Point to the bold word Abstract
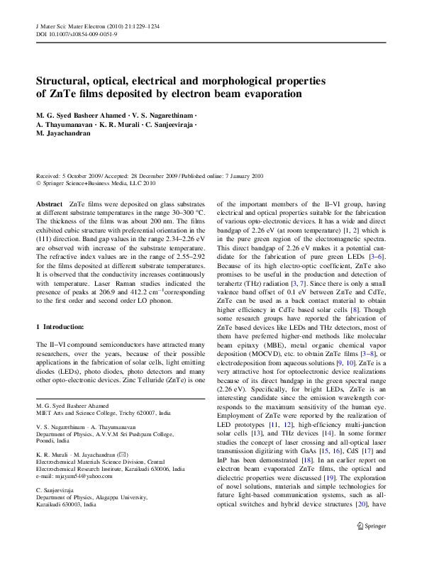(x=49, y=204)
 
